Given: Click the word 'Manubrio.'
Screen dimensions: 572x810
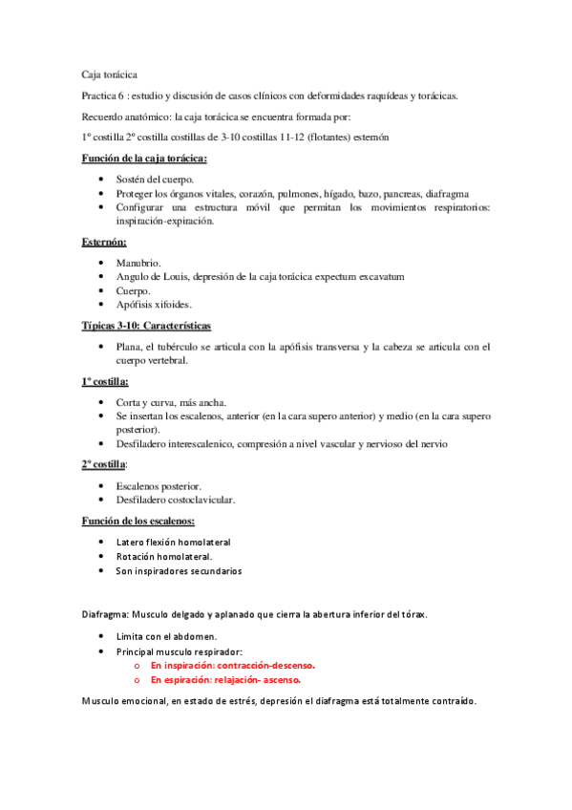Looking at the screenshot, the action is (138, 262).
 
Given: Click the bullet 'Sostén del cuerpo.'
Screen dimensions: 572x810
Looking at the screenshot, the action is (155, 178).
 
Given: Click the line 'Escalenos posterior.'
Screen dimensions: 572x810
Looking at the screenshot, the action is (159, 486).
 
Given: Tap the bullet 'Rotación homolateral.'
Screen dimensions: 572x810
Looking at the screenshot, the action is (164, 556).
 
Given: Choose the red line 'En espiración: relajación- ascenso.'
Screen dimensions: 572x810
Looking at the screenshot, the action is (225, 679).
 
